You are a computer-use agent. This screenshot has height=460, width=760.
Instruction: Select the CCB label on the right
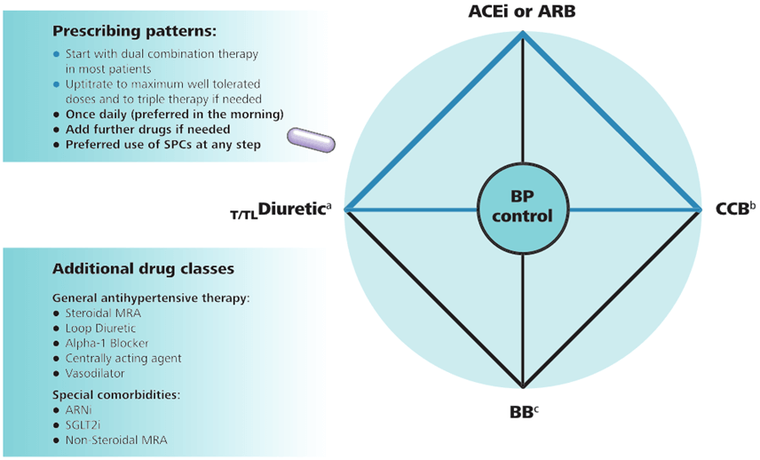click(733, 210)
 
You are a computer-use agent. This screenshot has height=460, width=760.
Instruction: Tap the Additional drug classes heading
click(143, 268)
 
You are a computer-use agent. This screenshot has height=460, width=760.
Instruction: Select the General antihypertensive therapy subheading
click(151, 297)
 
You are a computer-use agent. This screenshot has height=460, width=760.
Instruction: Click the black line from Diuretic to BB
click(433, 299)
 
